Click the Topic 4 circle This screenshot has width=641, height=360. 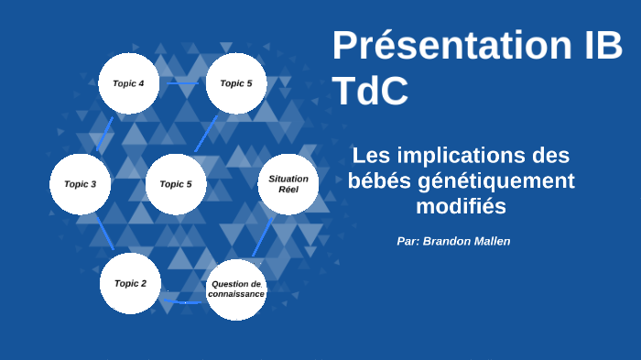click(128, 83)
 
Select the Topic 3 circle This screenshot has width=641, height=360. click(80, 184)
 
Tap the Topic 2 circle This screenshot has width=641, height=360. click(130, 283)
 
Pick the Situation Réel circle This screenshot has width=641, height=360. click(288, 183)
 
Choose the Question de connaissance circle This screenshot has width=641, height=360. click(236, 289)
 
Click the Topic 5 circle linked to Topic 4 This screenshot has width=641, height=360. click(236, 83)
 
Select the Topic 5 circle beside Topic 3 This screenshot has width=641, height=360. click(176, 184)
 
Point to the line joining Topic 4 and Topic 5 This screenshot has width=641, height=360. click(182, 83)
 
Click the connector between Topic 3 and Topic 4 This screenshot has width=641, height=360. click(104, 134)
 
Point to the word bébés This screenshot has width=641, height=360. click(379, 180)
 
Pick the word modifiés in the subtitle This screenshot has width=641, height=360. click(461, 206)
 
